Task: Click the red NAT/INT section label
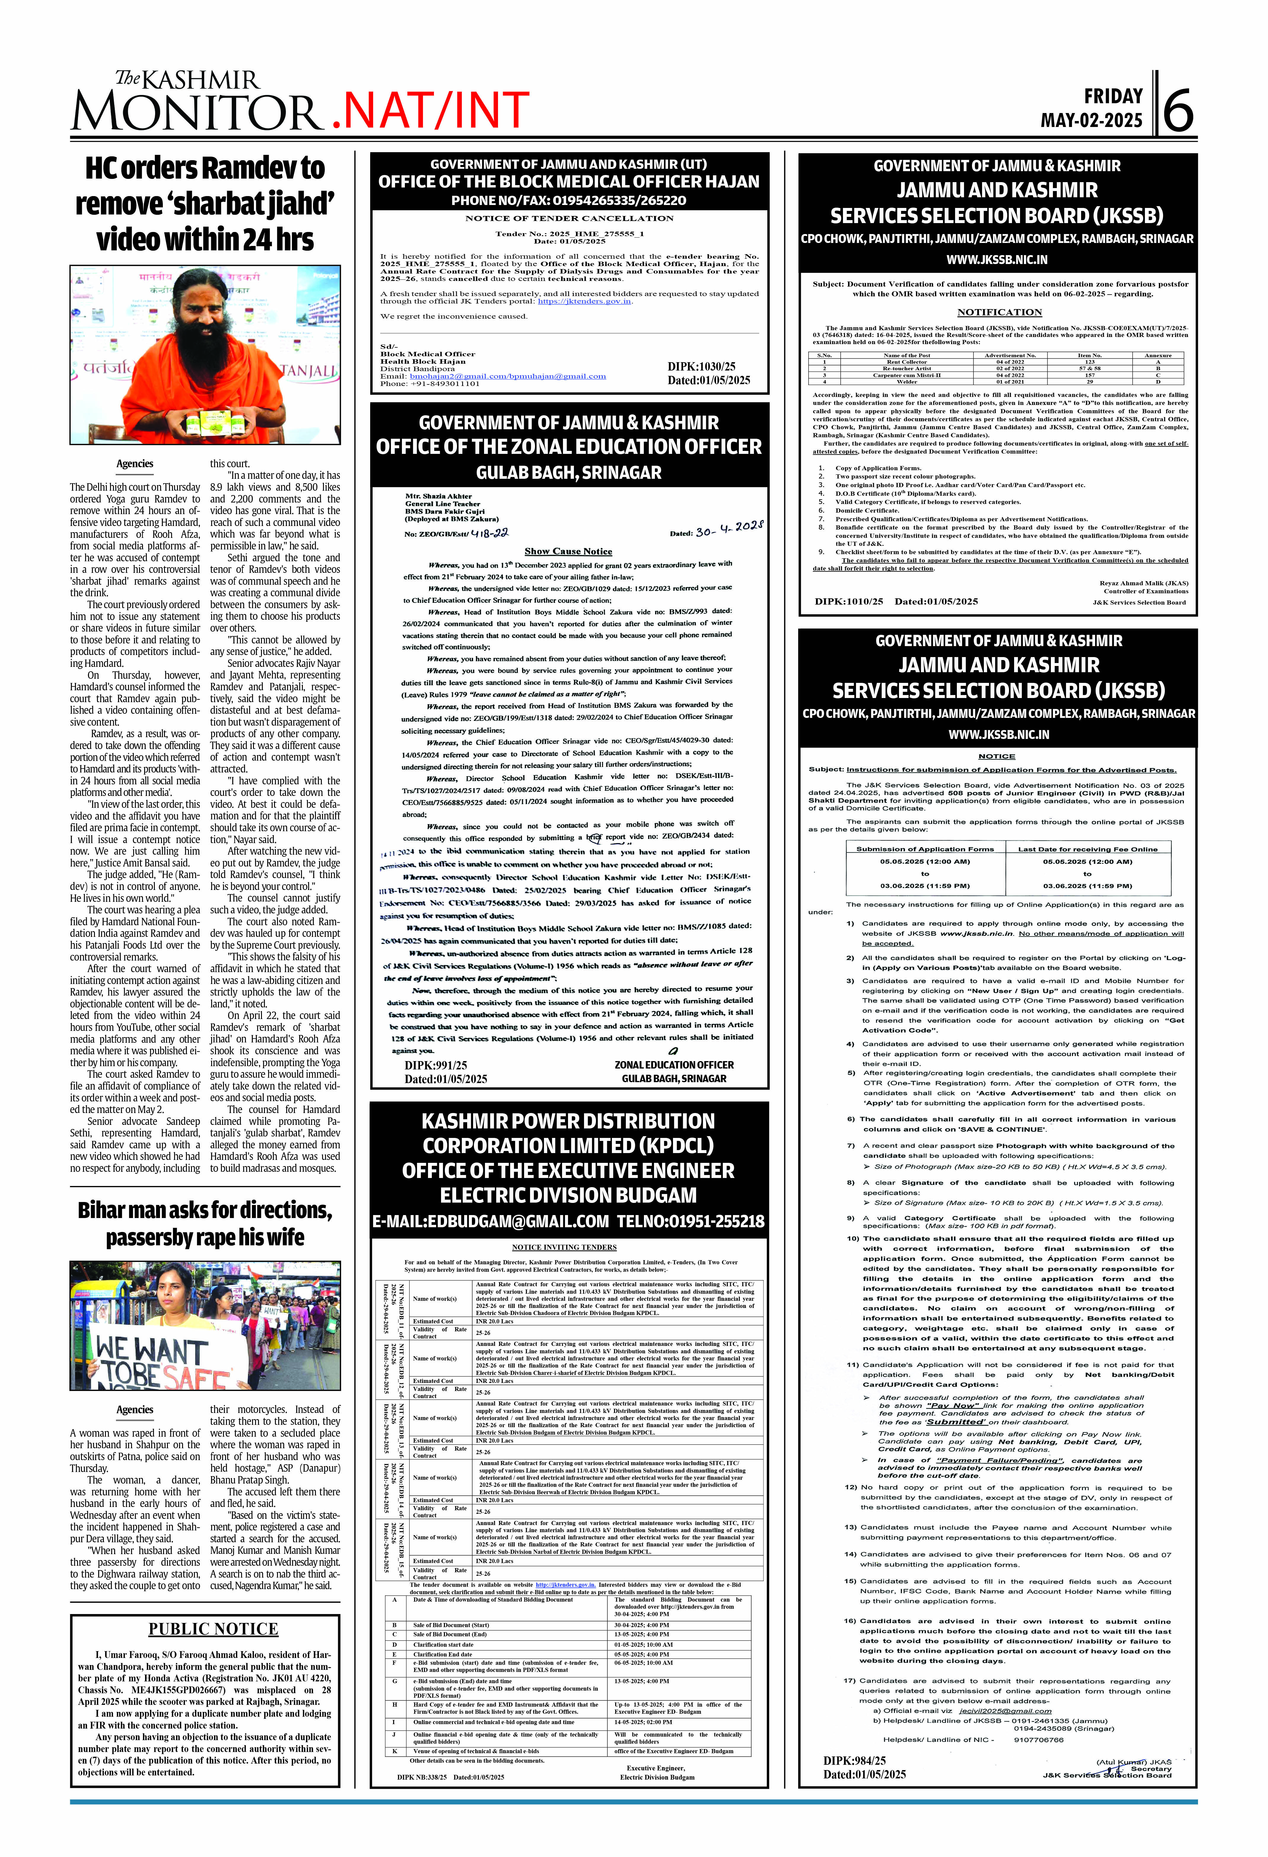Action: coord(430,110)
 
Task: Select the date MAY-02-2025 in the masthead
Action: coord(1092,121)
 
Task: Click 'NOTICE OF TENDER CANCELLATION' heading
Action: coord(569,218)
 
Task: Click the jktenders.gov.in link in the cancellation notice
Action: coord(584,301)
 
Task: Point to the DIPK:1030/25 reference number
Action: coord(701,367)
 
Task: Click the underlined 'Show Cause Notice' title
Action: coord(568,551)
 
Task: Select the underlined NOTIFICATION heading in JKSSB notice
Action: coord(999,312)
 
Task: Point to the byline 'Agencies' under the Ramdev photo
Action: coord(134,463)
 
